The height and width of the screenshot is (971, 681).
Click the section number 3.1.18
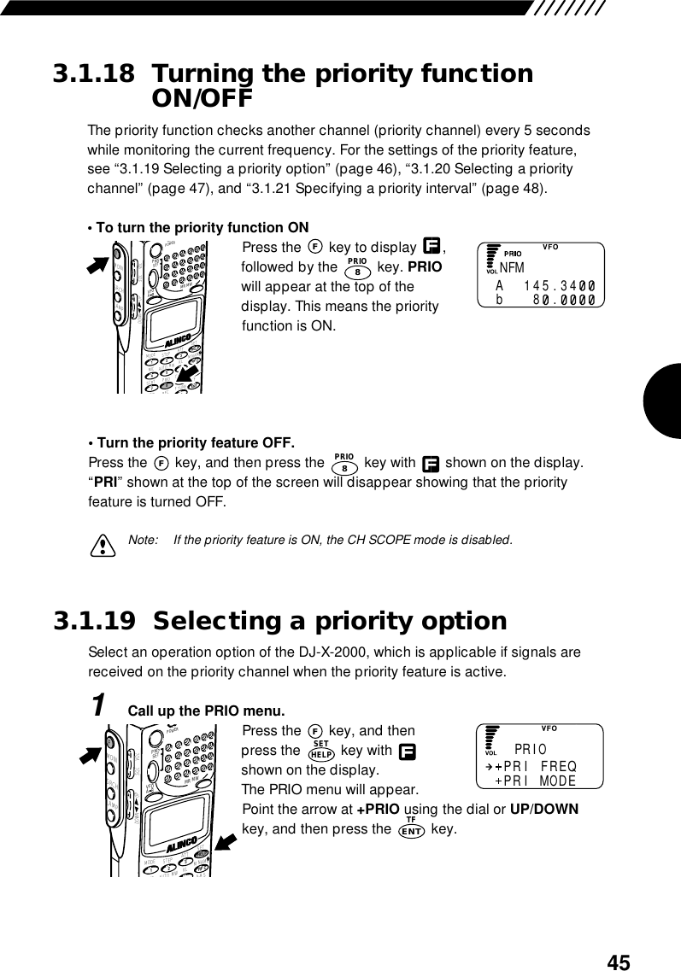pos(94,74)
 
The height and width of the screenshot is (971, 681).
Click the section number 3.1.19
pos(94,621)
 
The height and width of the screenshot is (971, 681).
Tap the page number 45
pos(619,962)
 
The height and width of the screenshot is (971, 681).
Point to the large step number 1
pos(100,706)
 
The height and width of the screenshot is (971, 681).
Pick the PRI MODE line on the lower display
pos(538,781)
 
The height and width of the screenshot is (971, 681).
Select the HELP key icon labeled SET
pos(321,752)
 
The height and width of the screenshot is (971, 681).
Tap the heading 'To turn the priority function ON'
pos(198,228)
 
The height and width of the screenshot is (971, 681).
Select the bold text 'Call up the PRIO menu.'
pos(206,711)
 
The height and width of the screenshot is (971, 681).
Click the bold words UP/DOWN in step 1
pos(543,809)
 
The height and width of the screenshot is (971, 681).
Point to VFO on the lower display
pos(549,728)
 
